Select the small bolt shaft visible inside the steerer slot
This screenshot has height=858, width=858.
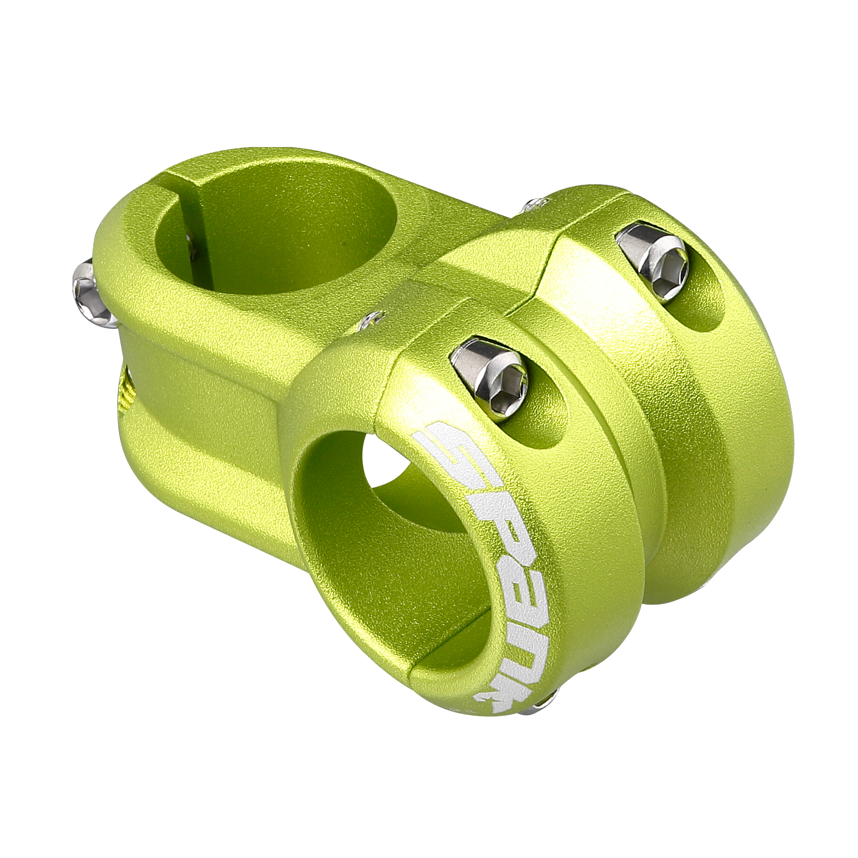point(190,249)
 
